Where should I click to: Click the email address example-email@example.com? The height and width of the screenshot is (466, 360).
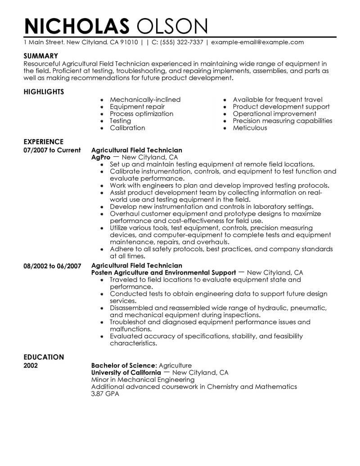coord(257,42)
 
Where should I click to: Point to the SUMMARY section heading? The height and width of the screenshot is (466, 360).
coord(41,56)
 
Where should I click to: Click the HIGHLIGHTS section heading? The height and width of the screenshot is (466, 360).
coord(44,92)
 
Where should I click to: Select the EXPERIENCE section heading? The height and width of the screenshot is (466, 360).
coord(43,141)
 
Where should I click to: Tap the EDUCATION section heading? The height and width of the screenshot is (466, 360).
coord(43,357)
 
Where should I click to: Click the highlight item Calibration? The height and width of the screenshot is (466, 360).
coord(127,128)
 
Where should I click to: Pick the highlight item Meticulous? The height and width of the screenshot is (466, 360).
coord(250,128)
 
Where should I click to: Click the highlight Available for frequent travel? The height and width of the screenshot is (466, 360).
coord(278,100)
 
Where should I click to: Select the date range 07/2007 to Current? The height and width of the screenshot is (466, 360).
coord(52,150)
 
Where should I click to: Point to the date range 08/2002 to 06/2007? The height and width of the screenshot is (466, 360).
coord(52,266)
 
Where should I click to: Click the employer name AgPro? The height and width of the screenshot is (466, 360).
coord(101,158)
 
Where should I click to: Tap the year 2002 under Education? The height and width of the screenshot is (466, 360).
coord(31,366)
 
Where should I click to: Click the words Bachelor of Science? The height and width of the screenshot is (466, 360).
coord(123,366)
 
